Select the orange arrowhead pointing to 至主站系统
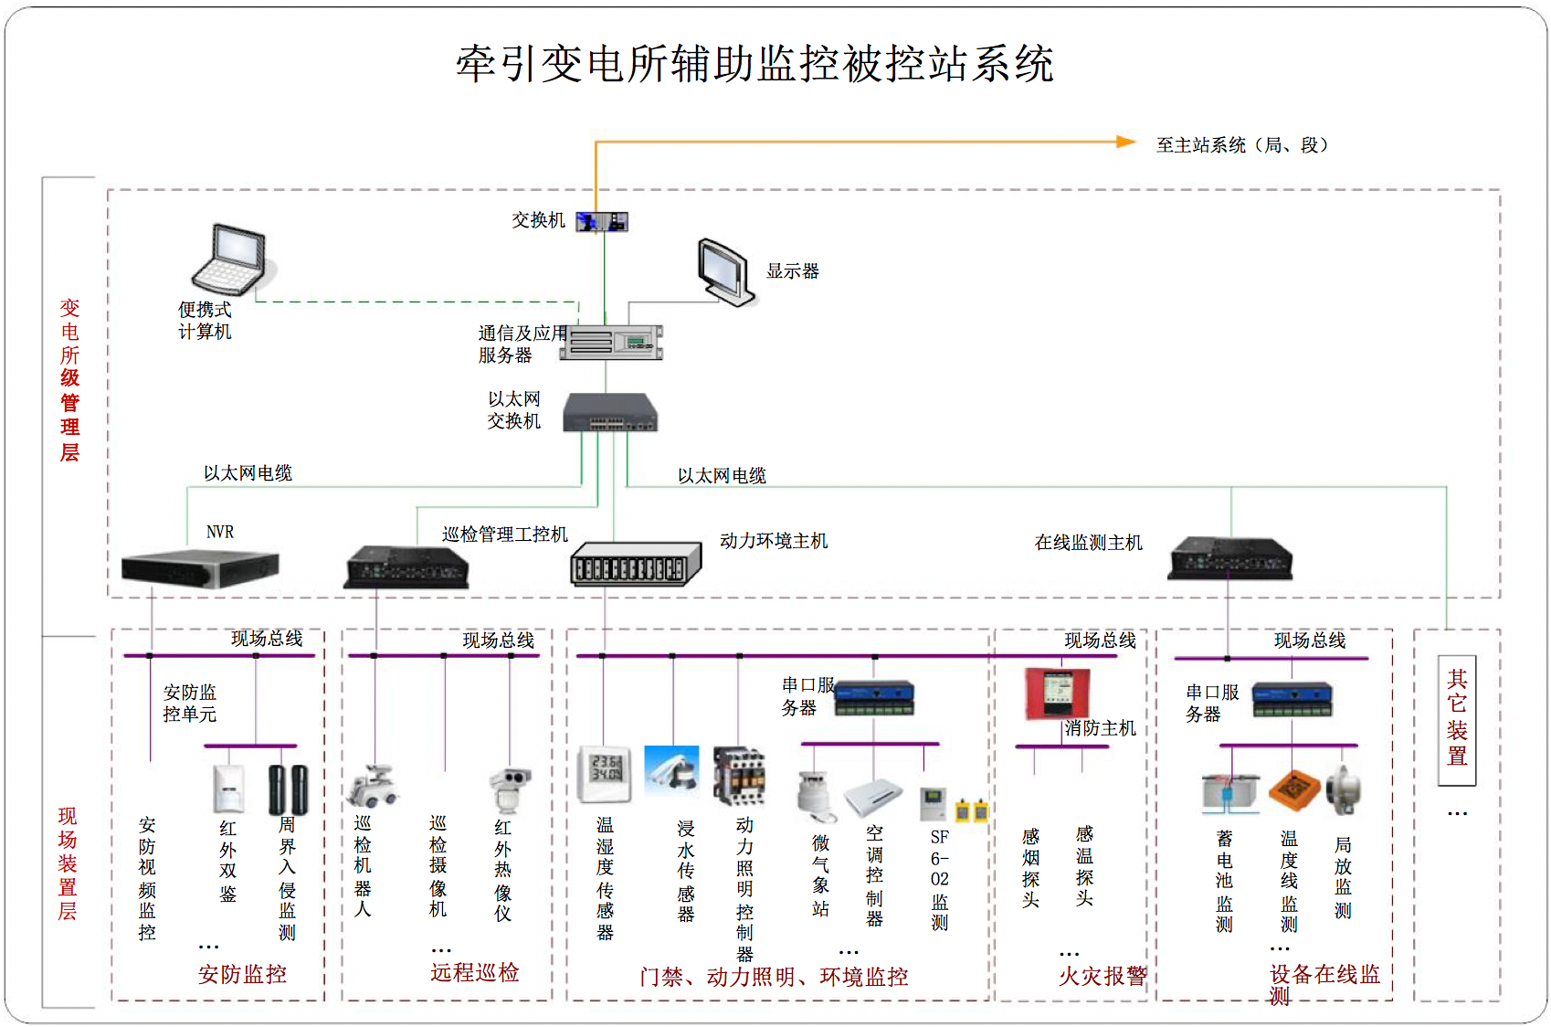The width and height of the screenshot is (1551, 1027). pos(1125,142)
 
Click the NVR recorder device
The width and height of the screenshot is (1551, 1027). pos(200,567)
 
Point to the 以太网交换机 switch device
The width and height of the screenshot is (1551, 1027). pos(609,413)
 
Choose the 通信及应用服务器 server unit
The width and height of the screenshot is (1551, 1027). pos(611,342)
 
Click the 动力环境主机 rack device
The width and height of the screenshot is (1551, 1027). pos(635,563)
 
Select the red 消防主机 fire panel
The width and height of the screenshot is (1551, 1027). pos(1057,693)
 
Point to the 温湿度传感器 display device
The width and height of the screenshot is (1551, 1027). pos(604,773)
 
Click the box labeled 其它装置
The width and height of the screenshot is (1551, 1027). pos(1456,719)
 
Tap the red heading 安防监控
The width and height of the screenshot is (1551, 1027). pos(242,974)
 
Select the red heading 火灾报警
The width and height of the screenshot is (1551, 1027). pos(1102,976)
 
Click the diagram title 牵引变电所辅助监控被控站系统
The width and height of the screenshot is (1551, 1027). pos(754,64)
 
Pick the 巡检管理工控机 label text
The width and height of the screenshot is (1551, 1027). pos(504,535)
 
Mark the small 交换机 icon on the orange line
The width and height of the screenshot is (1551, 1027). pos(602,221)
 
